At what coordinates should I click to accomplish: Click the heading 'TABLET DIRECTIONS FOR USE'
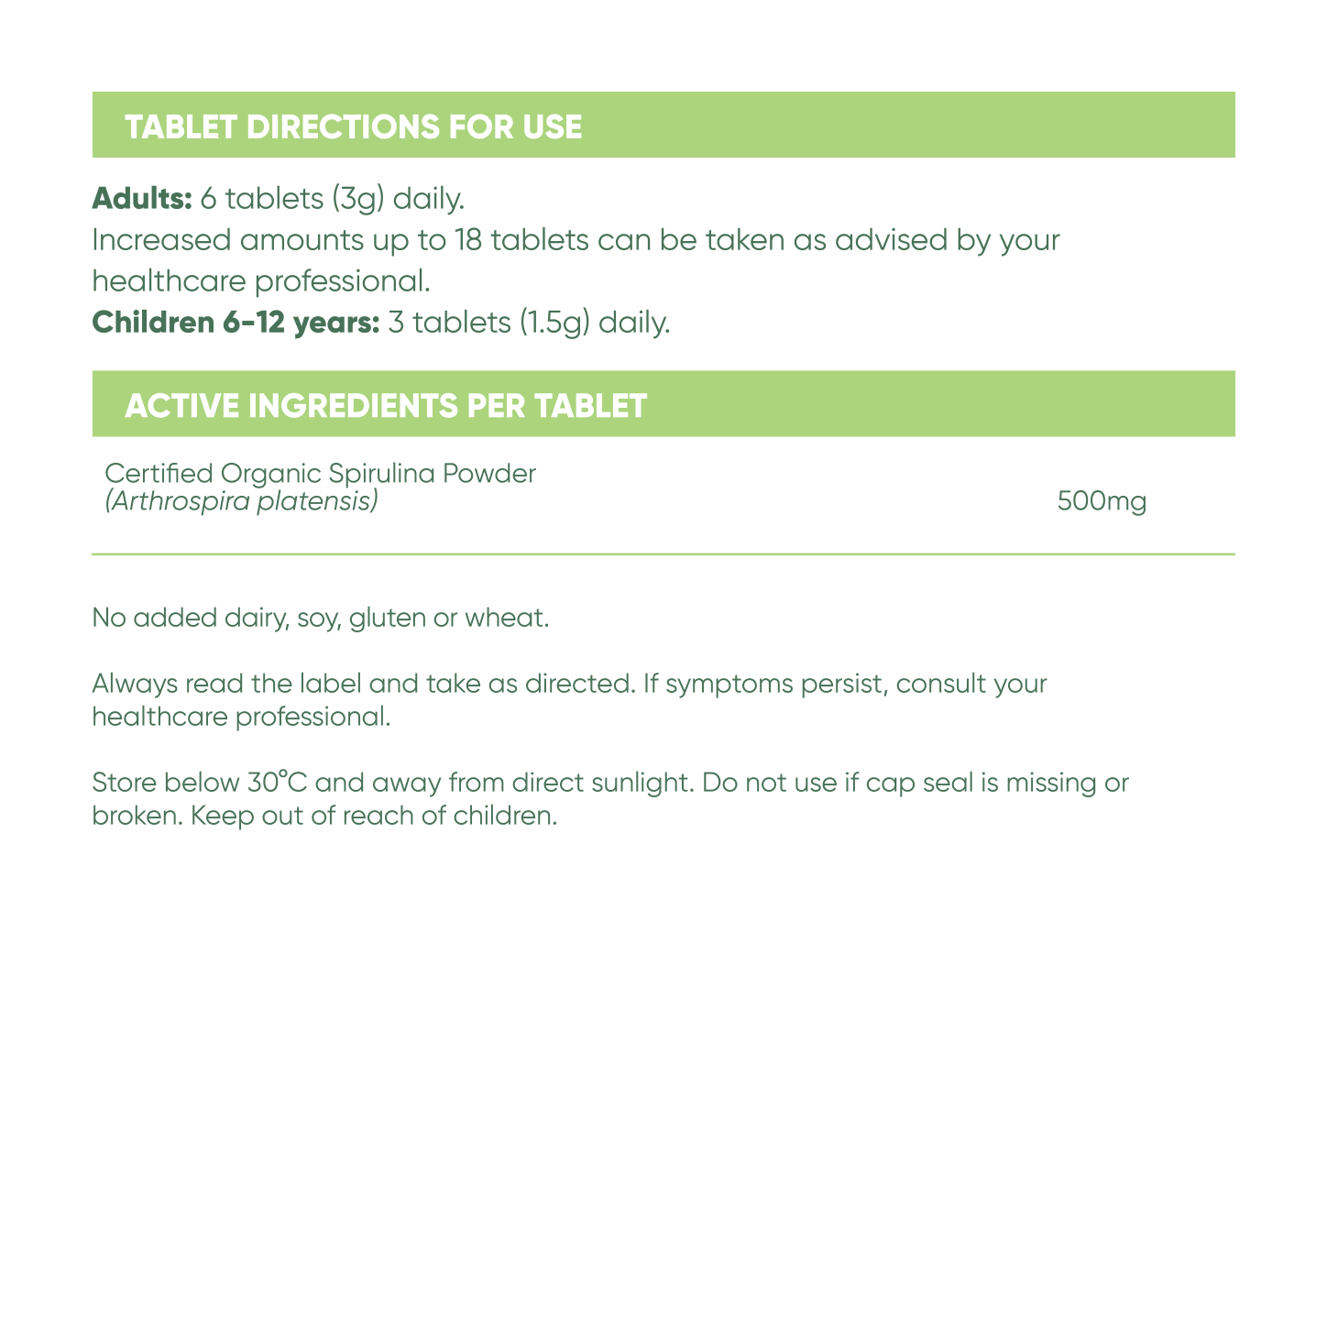coord(354,126)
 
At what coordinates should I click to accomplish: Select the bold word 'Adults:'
coord(142,198)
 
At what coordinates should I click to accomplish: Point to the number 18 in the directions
coord(470,240)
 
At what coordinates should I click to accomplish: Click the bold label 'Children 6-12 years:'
coord(236,323)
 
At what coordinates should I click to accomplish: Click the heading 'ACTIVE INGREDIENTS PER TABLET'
coord(386,405)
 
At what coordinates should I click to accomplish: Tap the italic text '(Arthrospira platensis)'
coord(241,501)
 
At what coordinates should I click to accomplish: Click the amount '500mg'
coord(1102,502)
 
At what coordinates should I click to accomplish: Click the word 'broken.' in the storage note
coord(137,815)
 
